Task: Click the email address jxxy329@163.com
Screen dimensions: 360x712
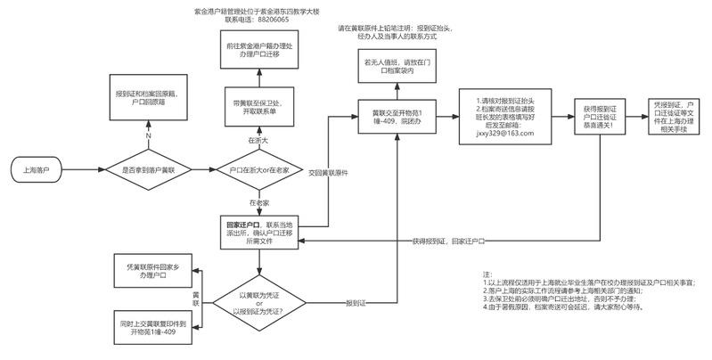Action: point(504,133)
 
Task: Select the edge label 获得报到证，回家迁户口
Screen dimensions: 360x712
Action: point(446,241)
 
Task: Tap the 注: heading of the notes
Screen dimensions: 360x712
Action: point(487,273)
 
